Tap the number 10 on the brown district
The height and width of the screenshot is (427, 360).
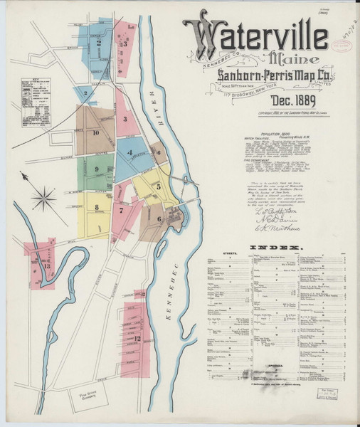[95, 132]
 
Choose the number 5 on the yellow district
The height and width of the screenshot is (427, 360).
[159, 186]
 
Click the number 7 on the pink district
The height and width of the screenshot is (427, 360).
[122, 210]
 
